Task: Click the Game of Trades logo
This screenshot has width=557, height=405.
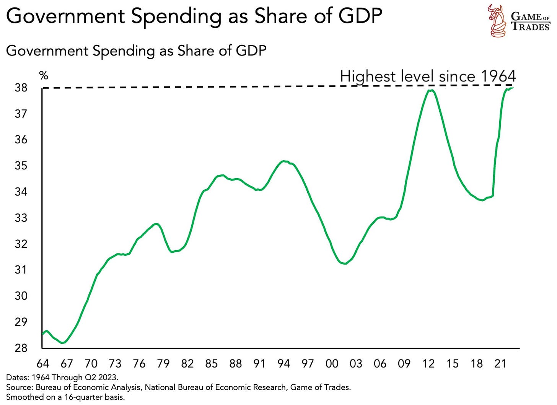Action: [x=519, y=21]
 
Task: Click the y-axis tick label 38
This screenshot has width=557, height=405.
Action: [x=21, y=88]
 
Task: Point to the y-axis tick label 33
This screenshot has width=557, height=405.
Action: [x=21, y=218]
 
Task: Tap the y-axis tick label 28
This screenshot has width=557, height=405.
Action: [x=21, y=348]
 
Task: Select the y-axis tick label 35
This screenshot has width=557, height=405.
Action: [x=21, y=166]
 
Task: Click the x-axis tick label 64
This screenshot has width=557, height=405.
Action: [x=43, y=363]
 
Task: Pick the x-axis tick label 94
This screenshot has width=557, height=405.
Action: [x=283, y=363]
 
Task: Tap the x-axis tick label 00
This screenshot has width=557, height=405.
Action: [x=332, y=363]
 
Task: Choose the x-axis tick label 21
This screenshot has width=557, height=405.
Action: [x=500, y=363]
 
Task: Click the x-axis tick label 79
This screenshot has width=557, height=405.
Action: [x=163, y=363]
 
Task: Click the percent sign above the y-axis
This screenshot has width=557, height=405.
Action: [x=44, y=75]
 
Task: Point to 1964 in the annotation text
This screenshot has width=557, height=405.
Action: [x=498, y=76]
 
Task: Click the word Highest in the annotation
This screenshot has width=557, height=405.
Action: [x=367, y=76]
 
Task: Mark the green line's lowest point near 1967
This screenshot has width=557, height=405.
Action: [x=64, y=342]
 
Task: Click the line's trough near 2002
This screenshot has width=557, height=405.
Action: [x=345, y=263]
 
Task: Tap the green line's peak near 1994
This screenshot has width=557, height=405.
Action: [x=283, y=161]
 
